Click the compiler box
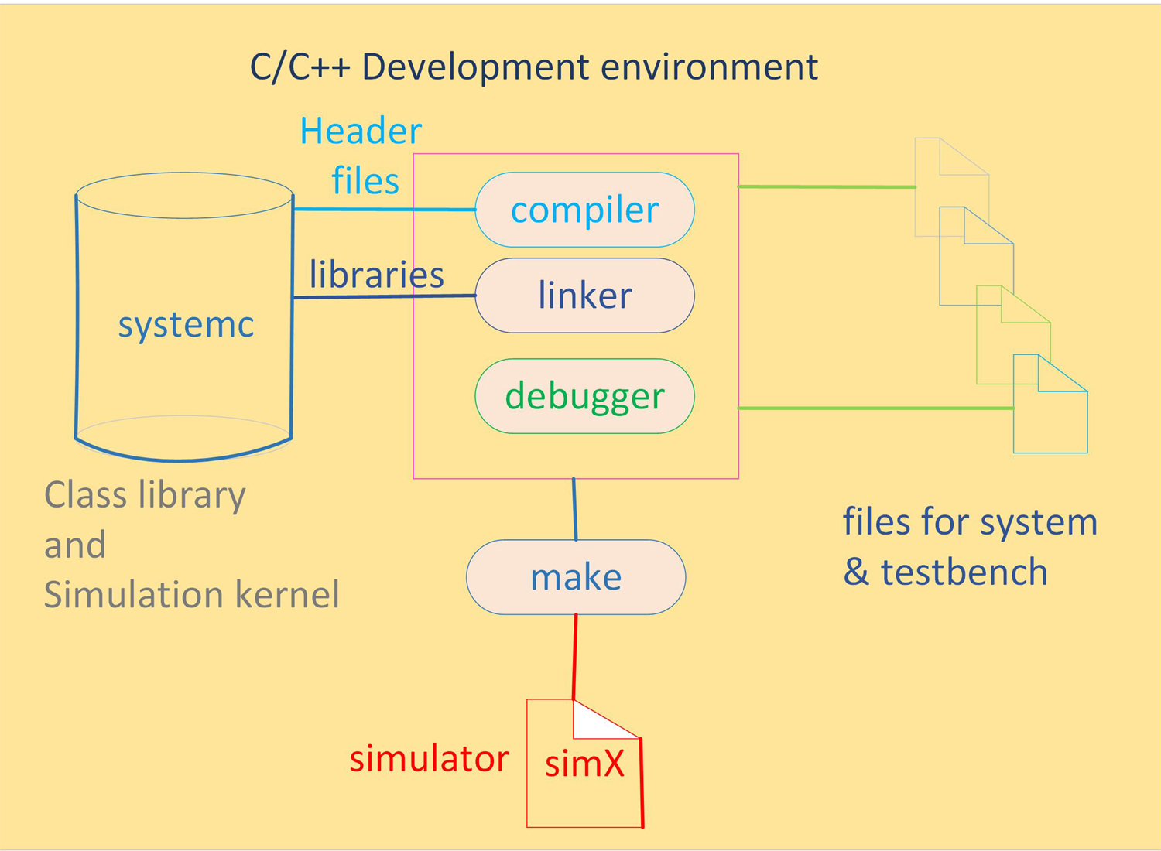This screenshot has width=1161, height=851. coord(584,210)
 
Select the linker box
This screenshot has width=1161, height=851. coord(584,296)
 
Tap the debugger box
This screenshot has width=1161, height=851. coord(584,396)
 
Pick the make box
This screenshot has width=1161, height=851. coord(576,577)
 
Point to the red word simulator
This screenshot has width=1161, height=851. coord(429,759)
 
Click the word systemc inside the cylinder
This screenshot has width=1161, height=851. coord(186,324)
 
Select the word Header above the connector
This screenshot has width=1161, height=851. coord(361,131)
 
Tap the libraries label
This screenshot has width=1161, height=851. coord(377,275)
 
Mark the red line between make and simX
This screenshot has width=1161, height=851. coord(574,658)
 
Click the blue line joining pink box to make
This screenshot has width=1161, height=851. coord(574,509)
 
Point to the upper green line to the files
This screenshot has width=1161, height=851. coord(827,186)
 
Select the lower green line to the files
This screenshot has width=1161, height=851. coord(875,408)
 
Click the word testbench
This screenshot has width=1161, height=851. coord(964,572)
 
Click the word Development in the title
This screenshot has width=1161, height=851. coord(476,67)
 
